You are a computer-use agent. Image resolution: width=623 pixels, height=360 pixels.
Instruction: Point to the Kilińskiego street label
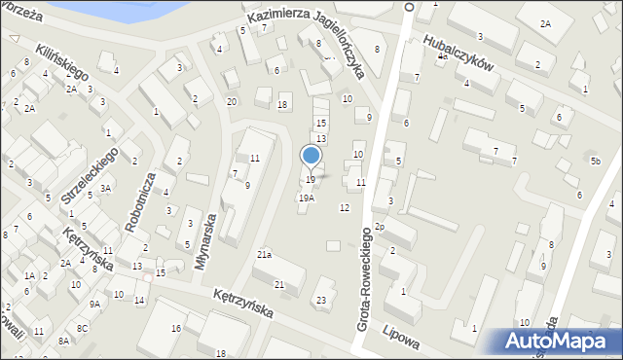click(x=63, y=60)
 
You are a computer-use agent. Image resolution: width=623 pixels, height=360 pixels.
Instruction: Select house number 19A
click(x=306, y=198)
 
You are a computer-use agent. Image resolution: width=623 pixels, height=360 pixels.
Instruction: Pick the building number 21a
click(x=264, y=254)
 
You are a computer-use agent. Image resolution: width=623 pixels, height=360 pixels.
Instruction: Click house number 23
click(x=320, y=300)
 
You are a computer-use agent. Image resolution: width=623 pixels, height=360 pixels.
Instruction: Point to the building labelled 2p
click(x=381, y=227)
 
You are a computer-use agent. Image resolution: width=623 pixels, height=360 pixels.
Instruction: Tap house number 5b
click(x=595, y=159)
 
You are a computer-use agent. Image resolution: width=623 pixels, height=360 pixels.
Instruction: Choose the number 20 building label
click(x=232, y=101)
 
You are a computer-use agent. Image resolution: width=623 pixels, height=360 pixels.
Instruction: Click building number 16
click(x=176, y=329)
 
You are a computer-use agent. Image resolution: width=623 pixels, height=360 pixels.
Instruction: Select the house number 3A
click(x=105, y=189)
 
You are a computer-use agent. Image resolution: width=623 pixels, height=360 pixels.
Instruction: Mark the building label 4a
click(x=442, y=56)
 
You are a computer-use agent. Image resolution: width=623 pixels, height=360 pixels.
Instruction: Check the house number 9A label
click(x=94, y=304)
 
